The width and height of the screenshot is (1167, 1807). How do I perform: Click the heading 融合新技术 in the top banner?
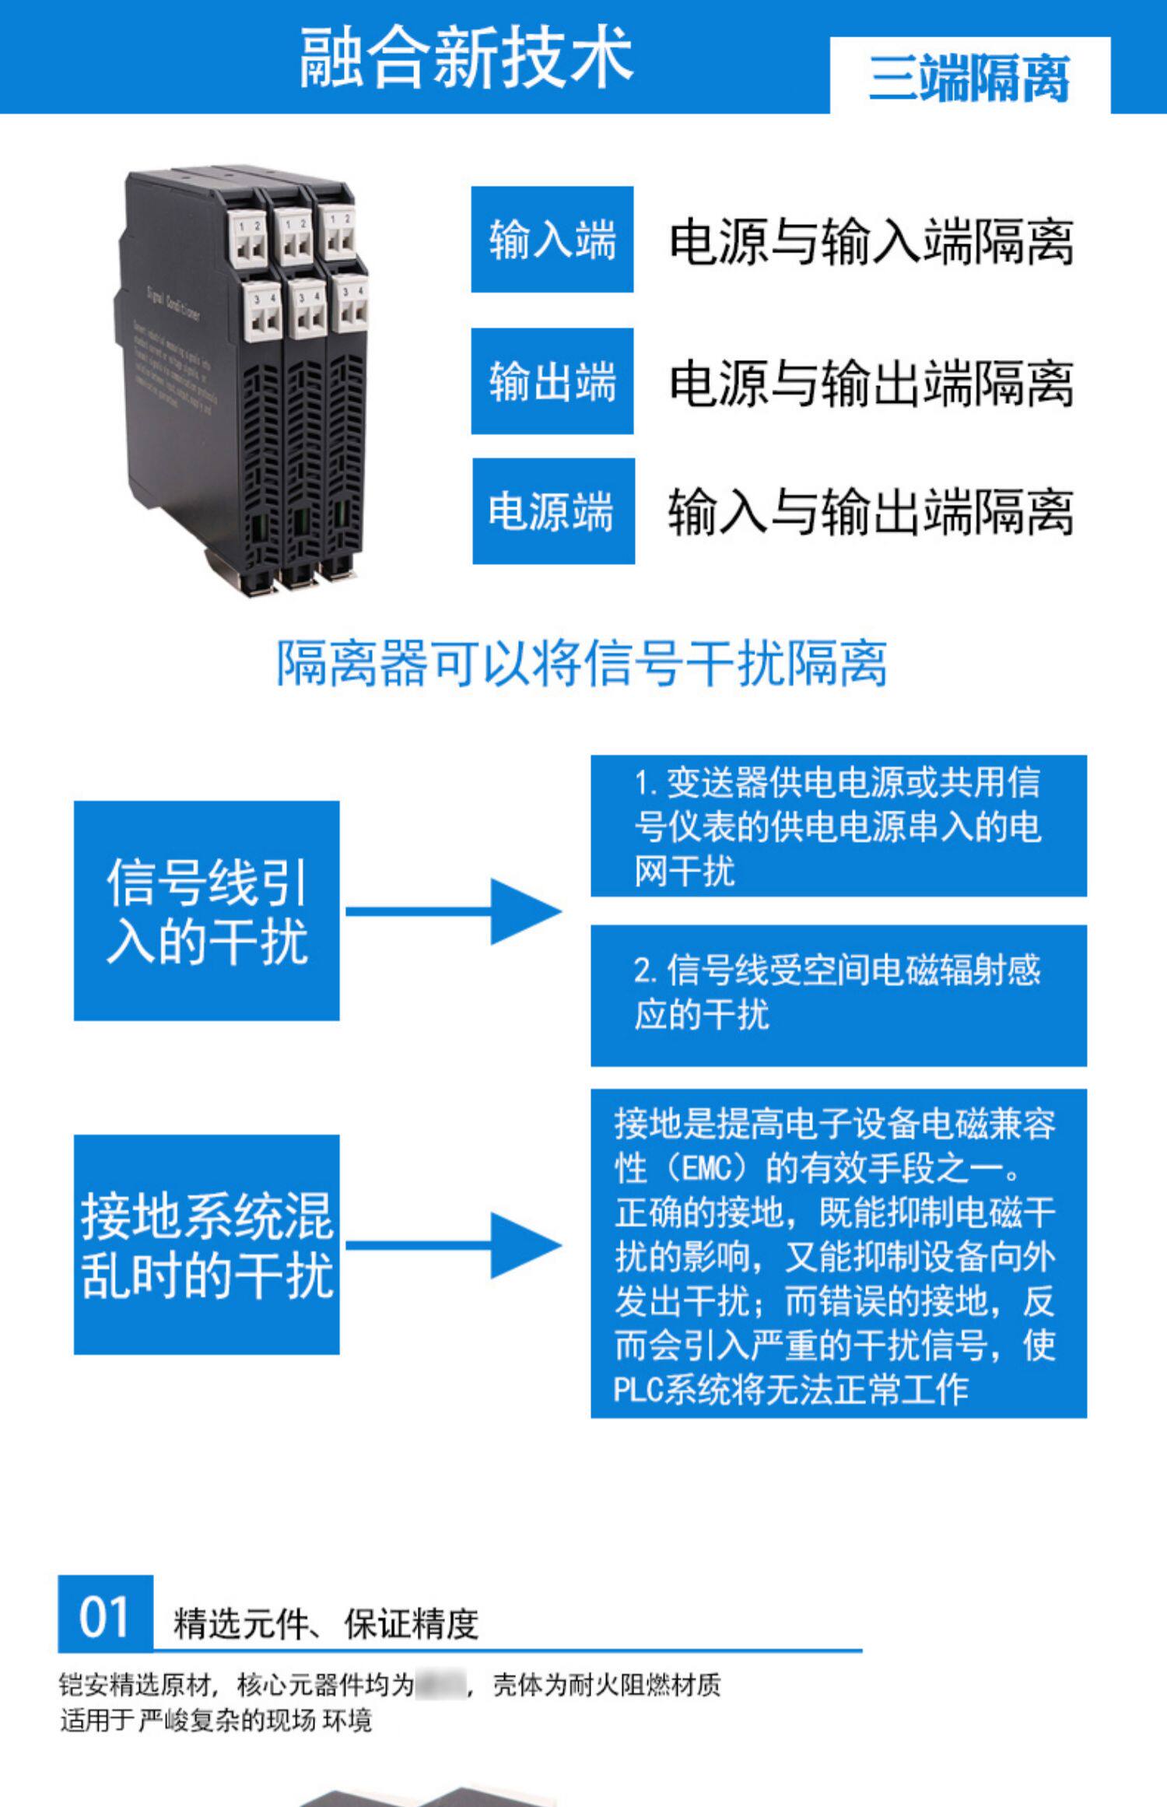point(466,57)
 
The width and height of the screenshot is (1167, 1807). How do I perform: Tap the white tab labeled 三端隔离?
point(969,78)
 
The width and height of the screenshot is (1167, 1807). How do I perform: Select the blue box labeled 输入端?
point(552,240)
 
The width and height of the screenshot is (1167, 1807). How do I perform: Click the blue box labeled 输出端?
point(552,381)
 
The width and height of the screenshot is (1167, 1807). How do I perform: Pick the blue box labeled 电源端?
point(553,511)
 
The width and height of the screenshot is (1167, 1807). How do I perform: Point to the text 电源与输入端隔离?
point(871,241)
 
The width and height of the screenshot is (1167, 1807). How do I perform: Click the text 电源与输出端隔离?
point(871,383)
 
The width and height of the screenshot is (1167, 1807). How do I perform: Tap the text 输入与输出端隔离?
point(871,512)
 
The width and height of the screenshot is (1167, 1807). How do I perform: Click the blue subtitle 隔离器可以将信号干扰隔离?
point(582,664)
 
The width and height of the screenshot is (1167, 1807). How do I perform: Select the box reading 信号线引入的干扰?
point(206,911)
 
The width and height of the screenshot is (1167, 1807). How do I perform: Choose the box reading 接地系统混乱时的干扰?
point(206,1245)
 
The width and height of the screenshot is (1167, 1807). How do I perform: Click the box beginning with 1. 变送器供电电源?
point(838,826)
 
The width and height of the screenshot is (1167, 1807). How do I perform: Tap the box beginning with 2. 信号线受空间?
point(838,995)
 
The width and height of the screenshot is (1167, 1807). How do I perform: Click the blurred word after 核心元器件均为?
point(441,1685)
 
